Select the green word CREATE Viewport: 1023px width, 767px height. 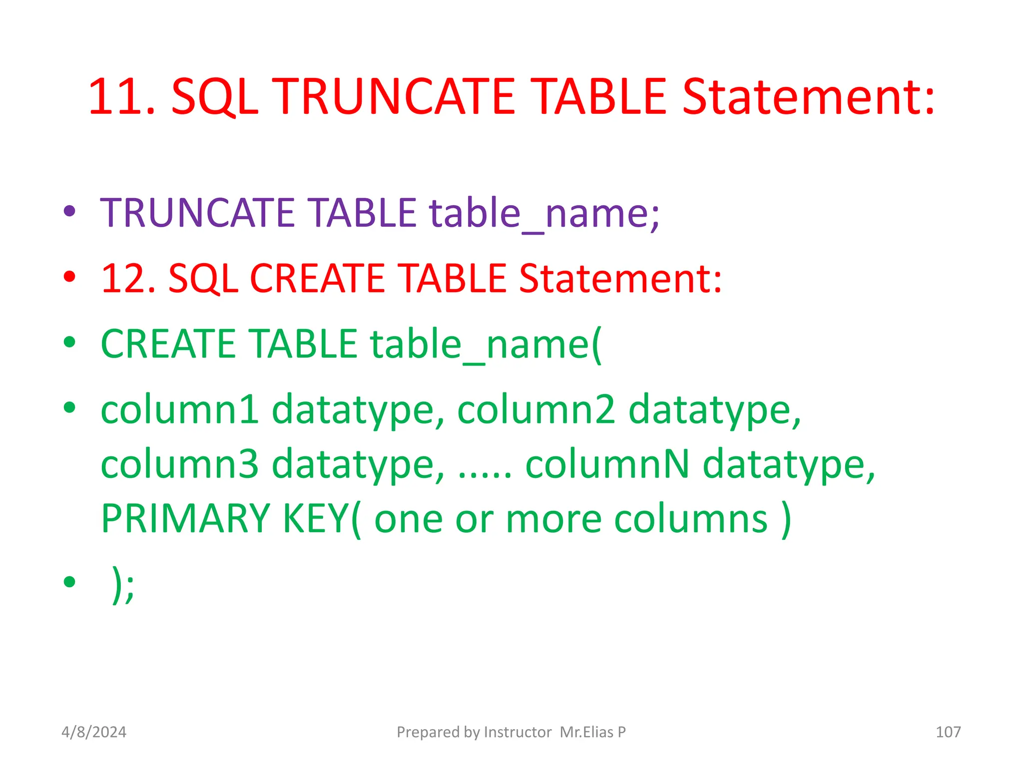pyautogui.click(x=168, y=344)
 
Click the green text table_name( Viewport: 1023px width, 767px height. pyautogui.click(x=486, y=345)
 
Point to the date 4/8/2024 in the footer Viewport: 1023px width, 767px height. pyautogui.click(x=94, y=732)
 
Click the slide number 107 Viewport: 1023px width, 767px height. pyautogui.click(x=948, y=732)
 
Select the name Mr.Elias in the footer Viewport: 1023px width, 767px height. pyautogui.click(x=586, y=732)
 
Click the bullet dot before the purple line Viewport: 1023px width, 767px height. pyautogui.click(x=69, y=211)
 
